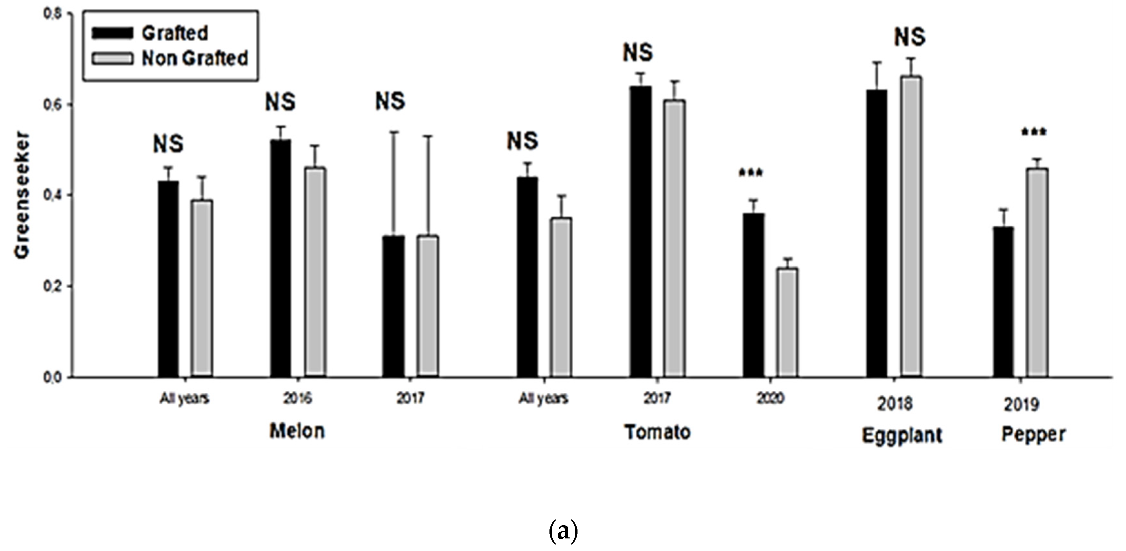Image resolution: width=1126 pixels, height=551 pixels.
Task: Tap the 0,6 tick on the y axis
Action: point(52,105)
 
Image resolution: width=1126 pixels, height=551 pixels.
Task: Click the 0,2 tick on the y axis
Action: point(52,286)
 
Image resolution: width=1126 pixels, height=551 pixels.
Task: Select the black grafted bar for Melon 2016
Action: point(281,258)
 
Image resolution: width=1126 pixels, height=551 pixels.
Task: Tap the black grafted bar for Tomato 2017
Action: point(641,231)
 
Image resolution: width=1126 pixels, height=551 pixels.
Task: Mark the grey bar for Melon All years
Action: point(202,288)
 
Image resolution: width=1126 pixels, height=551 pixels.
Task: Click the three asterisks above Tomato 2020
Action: point(751,173)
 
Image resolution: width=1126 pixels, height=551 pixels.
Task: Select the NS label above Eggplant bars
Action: point(910,37)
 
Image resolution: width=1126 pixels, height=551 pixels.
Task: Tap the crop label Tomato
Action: point(657,432)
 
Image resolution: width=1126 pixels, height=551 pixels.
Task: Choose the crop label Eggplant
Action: point(902,435)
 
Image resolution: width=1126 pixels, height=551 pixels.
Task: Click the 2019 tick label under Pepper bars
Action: point(1021,405)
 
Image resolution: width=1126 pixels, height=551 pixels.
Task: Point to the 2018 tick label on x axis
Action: point(895,404)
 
